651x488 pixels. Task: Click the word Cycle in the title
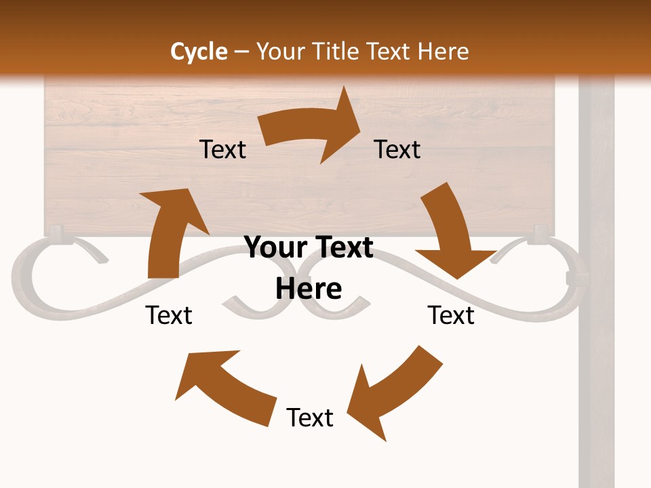[x=199, y=52]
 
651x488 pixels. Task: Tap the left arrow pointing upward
[x=170, y=230]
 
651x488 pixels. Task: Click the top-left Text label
[x=222, y=149]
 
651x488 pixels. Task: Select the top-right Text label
[x=397, y=149]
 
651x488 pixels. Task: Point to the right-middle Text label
[x=451, y=315]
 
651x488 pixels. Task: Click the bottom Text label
[x=310, y=418]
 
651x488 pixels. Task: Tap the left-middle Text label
[x=169, y=315]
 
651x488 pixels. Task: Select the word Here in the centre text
[x=309, y=289]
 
